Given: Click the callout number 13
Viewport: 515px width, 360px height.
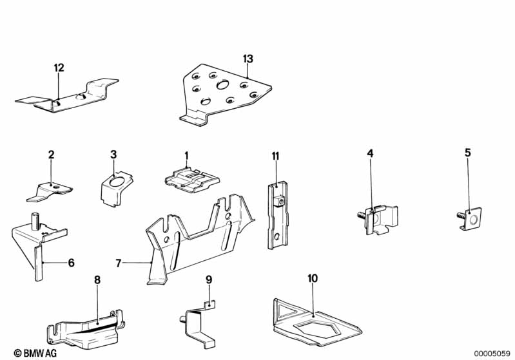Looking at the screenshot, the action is tap(248, 59).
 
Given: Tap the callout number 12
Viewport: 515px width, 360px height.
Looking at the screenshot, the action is tap(59, 68).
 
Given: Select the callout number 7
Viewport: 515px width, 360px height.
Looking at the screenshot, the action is tap(119, 263).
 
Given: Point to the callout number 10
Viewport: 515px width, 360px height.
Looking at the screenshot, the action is tap(313, 279).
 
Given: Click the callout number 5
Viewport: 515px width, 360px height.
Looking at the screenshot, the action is tap(468, 153).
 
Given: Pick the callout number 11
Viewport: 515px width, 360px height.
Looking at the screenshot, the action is tap(276, 156).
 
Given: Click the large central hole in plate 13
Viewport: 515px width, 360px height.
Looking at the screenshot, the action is tap(223, 85).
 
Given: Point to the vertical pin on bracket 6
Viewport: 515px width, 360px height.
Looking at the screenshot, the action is tap(35, 221).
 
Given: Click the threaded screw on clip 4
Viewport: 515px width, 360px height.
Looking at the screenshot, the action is tap(362, 216).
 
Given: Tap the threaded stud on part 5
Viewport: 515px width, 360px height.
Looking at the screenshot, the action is tap(461, 216).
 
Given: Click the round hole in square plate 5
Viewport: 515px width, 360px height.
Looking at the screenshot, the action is tap(473, 219).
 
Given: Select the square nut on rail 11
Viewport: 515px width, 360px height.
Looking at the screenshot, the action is tap(279, 200).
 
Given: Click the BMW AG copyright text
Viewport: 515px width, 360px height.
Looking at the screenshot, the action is tap(35, 353).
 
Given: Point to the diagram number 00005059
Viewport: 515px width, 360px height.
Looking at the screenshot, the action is tap(492, 354).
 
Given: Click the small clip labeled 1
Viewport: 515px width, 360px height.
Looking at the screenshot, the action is tap(192, 180).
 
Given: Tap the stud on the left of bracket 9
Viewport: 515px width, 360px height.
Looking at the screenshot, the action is tap(183, 319).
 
